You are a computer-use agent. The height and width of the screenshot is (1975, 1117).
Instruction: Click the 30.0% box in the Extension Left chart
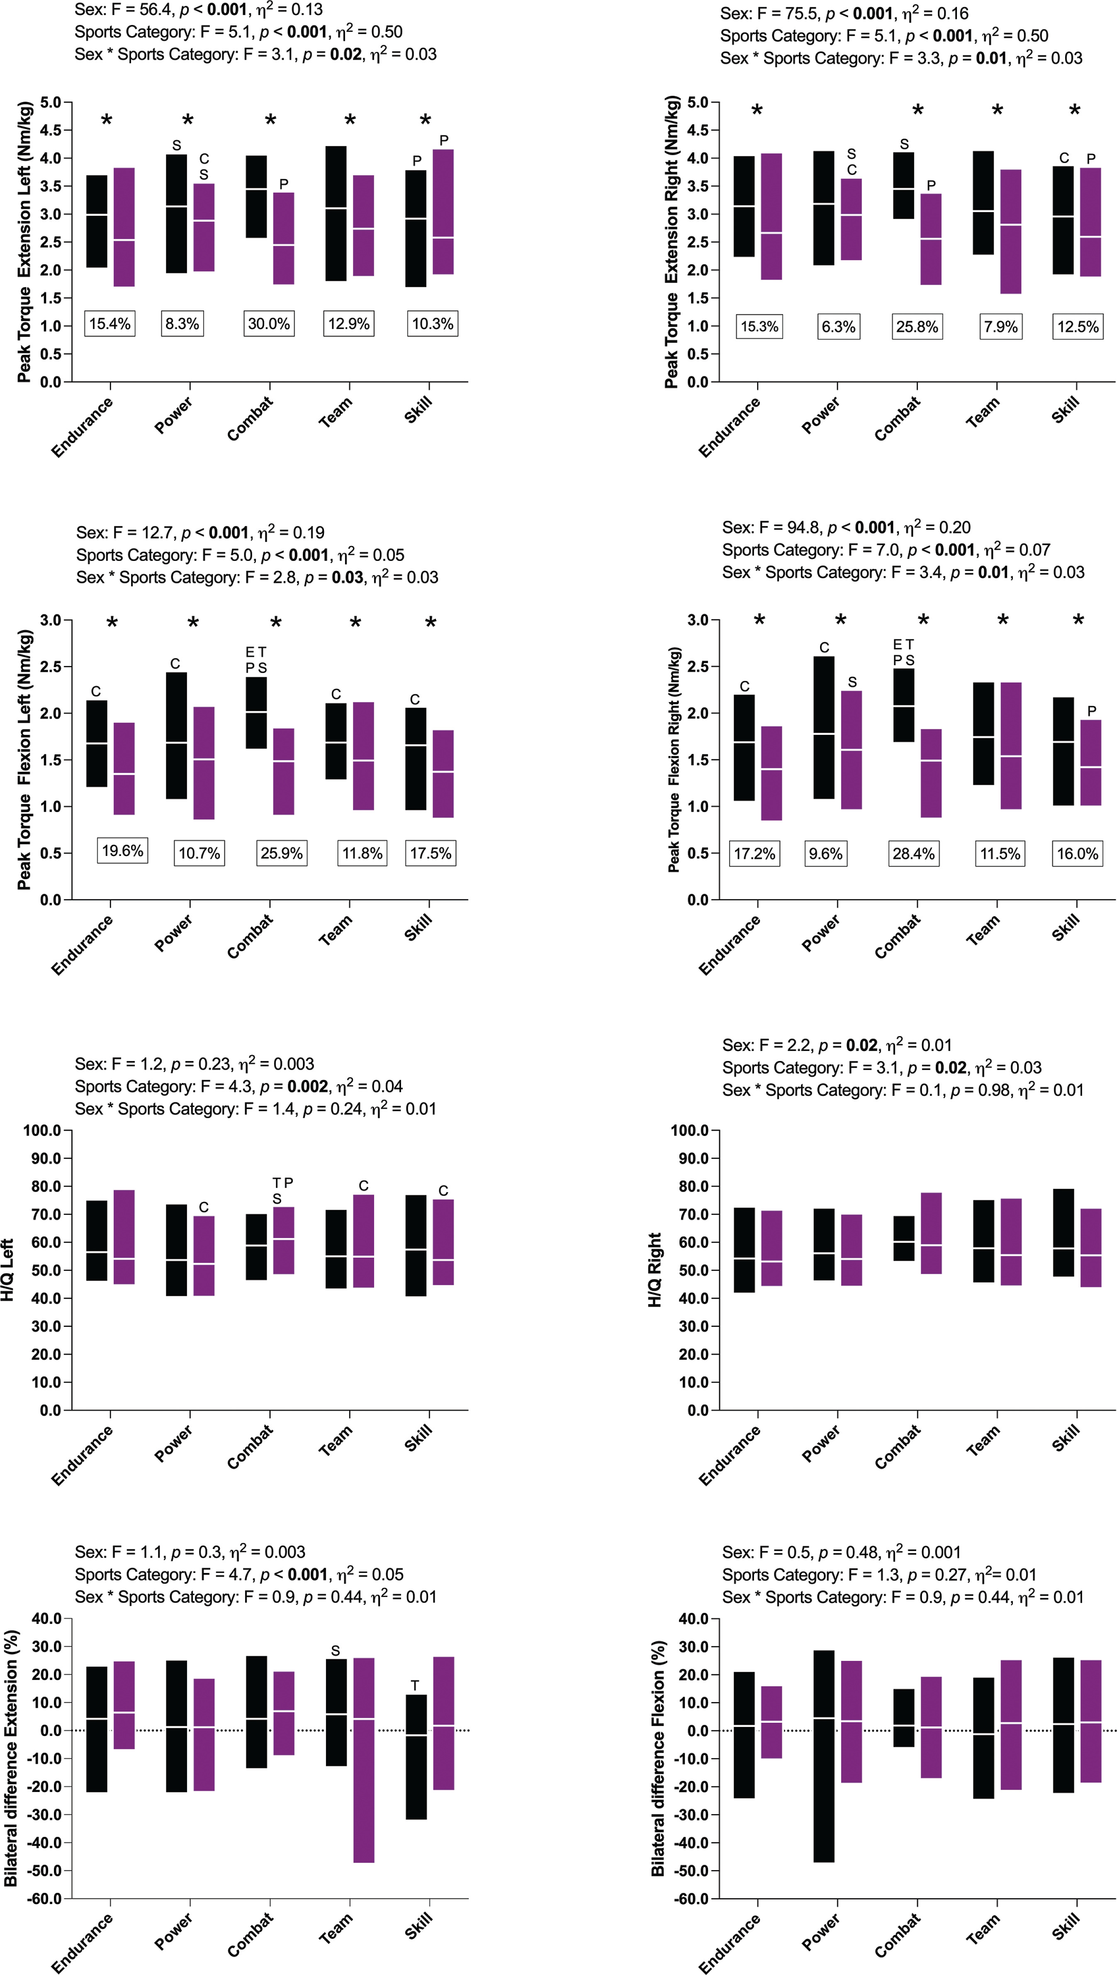(x=268, y=324)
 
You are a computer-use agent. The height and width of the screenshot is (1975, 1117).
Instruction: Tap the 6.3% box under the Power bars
(x=839, y=327)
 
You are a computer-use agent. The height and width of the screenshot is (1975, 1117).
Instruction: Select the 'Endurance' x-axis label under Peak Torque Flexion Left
(x=82, y=945)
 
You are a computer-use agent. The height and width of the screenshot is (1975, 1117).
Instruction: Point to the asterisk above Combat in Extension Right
(x=917, y=111)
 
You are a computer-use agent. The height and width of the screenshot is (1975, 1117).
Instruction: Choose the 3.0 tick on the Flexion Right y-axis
(x=698, y=620)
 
